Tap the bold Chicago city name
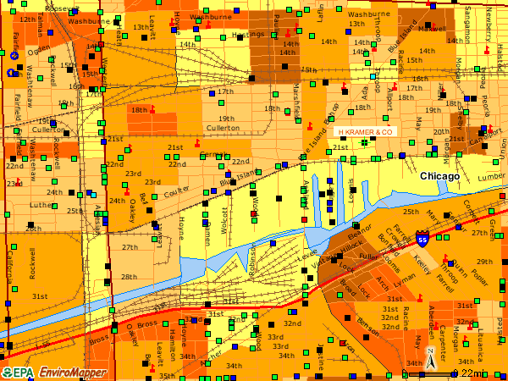(x=439, y=177)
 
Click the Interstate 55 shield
(x=422, y=240)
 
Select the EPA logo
(x=19, y=373)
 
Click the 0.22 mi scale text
(x=468, y=373)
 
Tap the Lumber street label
(x=490, y=177)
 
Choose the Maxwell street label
(x=432, y=28)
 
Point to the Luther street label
(x=41, y=205)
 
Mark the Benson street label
(x=368, y=323)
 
